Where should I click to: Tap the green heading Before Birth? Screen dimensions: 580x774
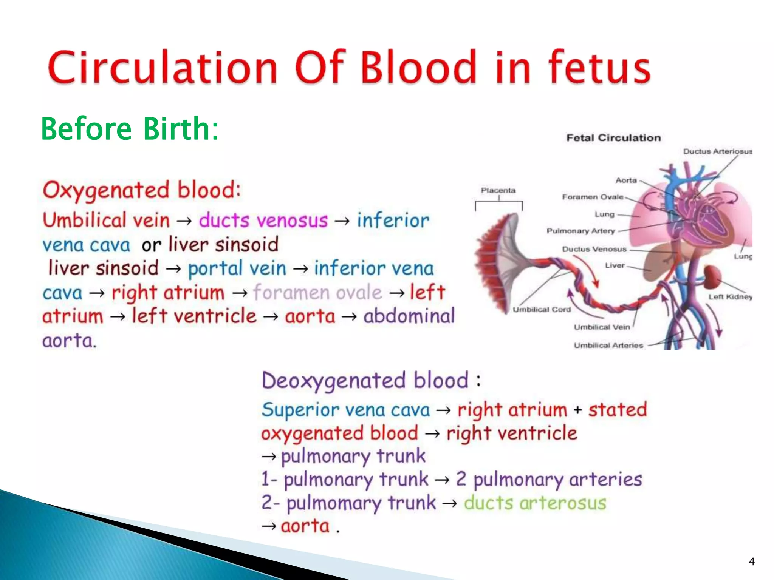pos(130,129)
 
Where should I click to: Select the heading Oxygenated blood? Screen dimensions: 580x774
pos(141,190)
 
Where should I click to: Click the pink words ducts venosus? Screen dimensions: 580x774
pos(263,220)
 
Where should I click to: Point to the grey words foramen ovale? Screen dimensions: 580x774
pos(317,293)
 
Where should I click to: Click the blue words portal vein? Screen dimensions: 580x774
pos(237,268)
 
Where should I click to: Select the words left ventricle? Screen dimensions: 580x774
pos(194,316)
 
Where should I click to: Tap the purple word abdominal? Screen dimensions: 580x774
pos(409,316)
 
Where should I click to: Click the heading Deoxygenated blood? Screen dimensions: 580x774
pos(365,380)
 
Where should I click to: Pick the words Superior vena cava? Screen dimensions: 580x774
pos(346,410)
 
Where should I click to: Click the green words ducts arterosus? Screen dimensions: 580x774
pos(535,503)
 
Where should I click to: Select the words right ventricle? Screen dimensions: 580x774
pos(512,433)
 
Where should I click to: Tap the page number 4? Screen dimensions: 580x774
pos(751,561)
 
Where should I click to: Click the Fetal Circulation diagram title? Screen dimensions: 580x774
pos(613,138)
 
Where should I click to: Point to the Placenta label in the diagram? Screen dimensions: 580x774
pos(498,190)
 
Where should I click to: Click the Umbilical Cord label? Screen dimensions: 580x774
pos(541,310)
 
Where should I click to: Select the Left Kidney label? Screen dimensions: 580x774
pos(730,297)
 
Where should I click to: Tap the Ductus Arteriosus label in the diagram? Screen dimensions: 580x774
pos(717,151)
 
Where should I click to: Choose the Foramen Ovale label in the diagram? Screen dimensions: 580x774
pos(592,197)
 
